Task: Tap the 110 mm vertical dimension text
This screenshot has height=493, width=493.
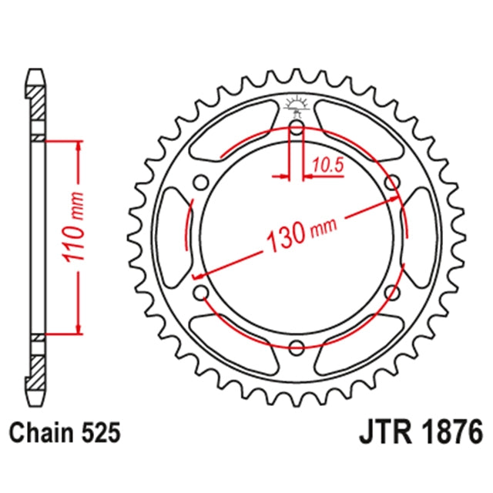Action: click(74, 226)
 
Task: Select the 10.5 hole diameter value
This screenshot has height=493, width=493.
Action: click(328, 165)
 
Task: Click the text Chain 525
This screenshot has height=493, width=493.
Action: click(65, 433)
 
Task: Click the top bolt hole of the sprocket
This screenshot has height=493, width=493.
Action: click(297, 128)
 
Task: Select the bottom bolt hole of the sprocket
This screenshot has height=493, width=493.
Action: click(296, 347)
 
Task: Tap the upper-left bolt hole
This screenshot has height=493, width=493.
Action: click(201, 183)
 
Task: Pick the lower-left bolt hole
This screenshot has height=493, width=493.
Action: click(201, 293)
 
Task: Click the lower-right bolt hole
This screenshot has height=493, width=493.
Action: click(392, 293)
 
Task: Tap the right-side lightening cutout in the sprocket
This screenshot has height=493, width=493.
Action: click(418, 237)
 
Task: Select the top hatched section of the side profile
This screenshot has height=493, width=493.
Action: click(36, 102)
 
